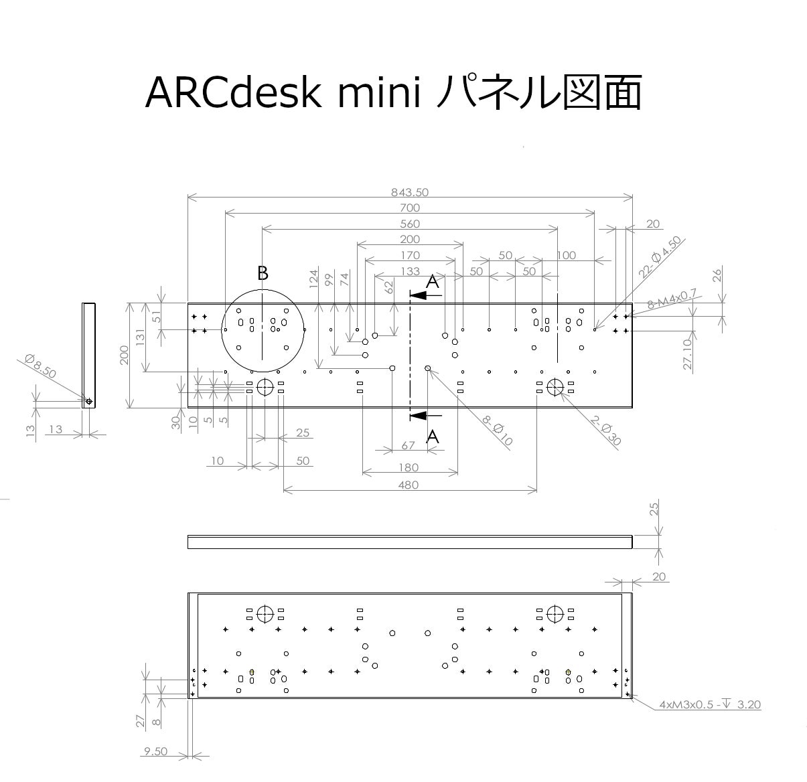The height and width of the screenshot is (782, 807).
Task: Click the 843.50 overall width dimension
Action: [409, 192]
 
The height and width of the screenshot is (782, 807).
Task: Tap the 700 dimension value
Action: [410, 208]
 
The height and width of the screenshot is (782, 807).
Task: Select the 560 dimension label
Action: [410, 224]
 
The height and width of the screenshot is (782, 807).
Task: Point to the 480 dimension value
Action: [408, 485]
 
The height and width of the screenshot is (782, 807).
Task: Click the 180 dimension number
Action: [408, 468]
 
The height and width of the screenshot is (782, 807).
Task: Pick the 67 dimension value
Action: [408, 445]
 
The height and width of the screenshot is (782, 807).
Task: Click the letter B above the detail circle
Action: [263, 274]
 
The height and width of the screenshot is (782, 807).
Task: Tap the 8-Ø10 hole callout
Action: [497, 431]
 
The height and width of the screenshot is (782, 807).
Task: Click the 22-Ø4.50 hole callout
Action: [660, 256]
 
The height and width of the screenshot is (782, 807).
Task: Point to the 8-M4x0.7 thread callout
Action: [672, 299]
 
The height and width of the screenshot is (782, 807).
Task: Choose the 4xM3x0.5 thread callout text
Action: [710, 704]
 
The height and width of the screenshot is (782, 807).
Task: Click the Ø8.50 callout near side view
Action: [40, 366]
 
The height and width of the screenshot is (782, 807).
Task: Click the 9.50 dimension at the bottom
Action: [155, 751]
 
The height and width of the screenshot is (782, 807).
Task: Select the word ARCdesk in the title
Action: [233, 93]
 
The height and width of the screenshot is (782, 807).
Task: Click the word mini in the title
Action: [380, 93]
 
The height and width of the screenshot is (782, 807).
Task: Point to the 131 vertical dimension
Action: [140, 337]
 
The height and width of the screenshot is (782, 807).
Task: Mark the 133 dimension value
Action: [410, 271]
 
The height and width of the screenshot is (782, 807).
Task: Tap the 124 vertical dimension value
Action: [313, 279]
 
